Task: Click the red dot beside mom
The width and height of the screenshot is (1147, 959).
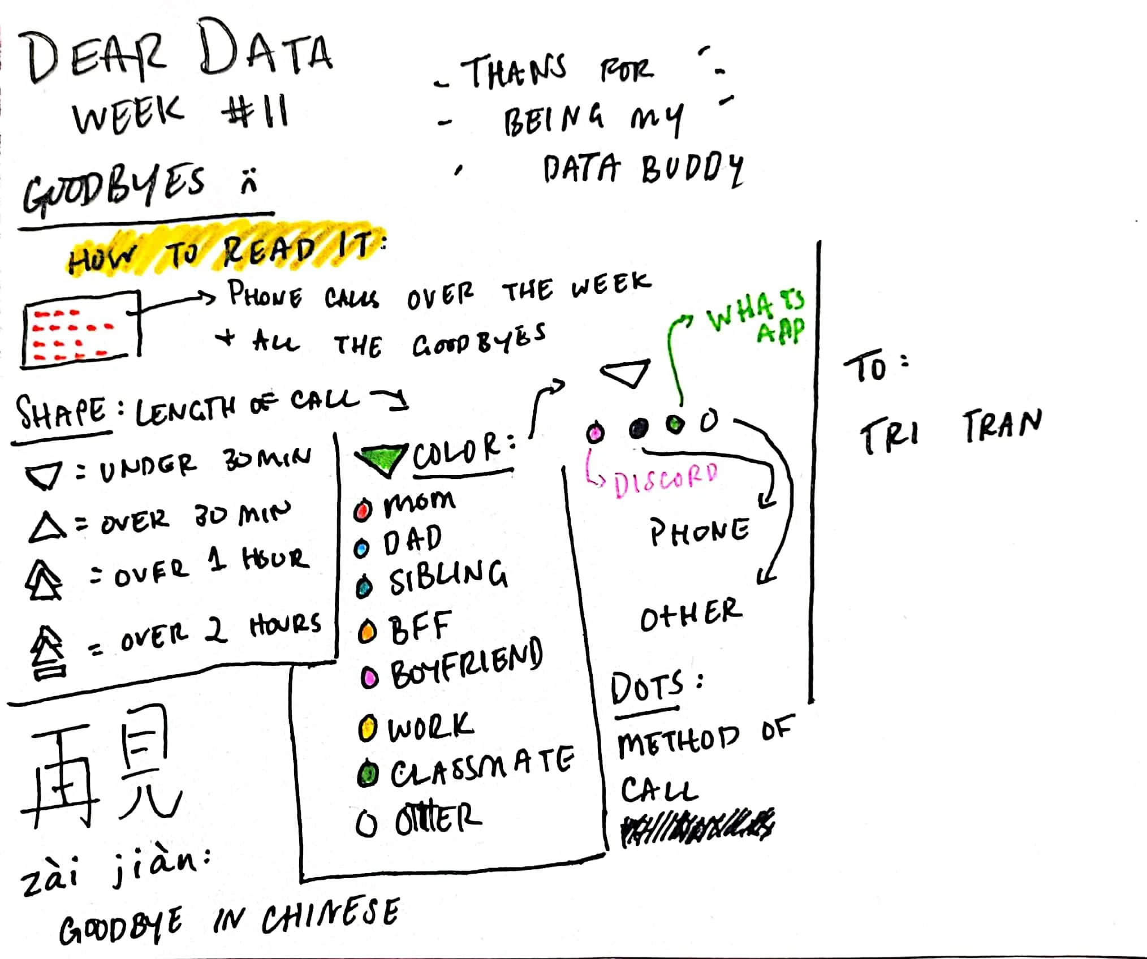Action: [363, 511]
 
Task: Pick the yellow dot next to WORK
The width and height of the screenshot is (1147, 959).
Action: [367, 728]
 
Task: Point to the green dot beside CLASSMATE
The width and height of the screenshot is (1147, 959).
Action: [368, 774]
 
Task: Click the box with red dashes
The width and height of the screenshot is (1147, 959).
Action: [80, 329]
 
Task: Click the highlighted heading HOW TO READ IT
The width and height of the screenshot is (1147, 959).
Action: [226, 253]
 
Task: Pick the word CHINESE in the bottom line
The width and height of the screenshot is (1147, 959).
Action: [330, 916]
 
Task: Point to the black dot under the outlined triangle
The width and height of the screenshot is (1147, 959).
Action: [638, 429]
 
